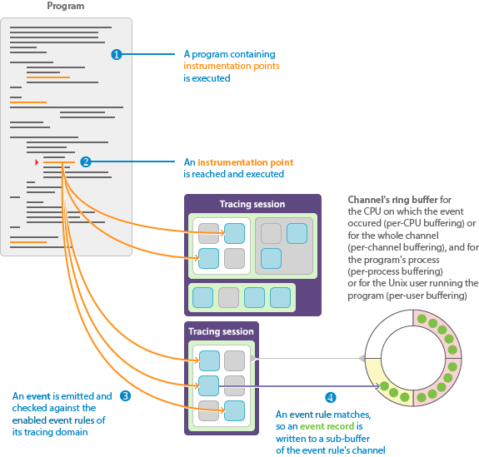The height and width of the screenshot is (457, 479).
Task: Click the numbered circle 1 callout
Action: [116, 54]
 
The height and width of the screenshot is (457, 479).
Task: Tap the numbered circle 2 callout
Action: [86, 161]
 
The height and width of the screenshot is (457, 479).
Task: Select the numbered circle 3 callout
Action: [125, 395]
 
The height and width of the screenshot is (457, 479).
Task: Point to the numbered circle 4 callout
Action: [331, 397]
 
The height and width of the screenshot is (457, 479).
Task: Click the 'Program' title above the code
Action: [66, 6]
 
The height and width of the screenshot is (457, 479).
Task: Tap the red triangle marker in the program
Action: [37, 162]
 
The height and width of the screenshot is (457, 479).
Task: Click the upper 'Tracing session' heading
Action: [252, 204]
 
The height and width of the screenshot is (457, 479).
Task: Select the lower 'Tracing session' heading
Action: [221, 331]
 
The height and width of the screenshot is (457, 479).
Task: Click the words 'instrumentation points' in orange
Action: [232, 66]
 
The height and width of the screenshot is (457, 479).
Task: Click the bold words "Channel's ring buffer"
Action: [393, 200]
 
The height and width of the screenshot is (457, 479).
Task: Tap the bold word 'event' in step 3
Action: [38, 396]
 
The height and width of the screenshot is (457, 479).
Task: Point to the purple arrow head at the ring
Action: [378, 386]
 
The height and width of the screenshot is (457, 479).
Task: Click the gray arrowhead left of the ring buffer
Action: [362, 358]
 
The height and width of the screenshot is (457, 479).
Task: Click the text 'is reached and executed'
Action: [234, 174]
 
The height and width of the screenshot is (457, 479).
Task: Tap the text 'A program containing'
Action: [230, 54]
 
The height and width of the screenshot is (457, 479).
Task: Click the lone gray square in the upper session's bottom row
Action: [228, 297]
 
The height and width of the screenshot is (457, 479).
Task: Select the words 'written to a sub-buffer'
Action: [323, 439]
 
